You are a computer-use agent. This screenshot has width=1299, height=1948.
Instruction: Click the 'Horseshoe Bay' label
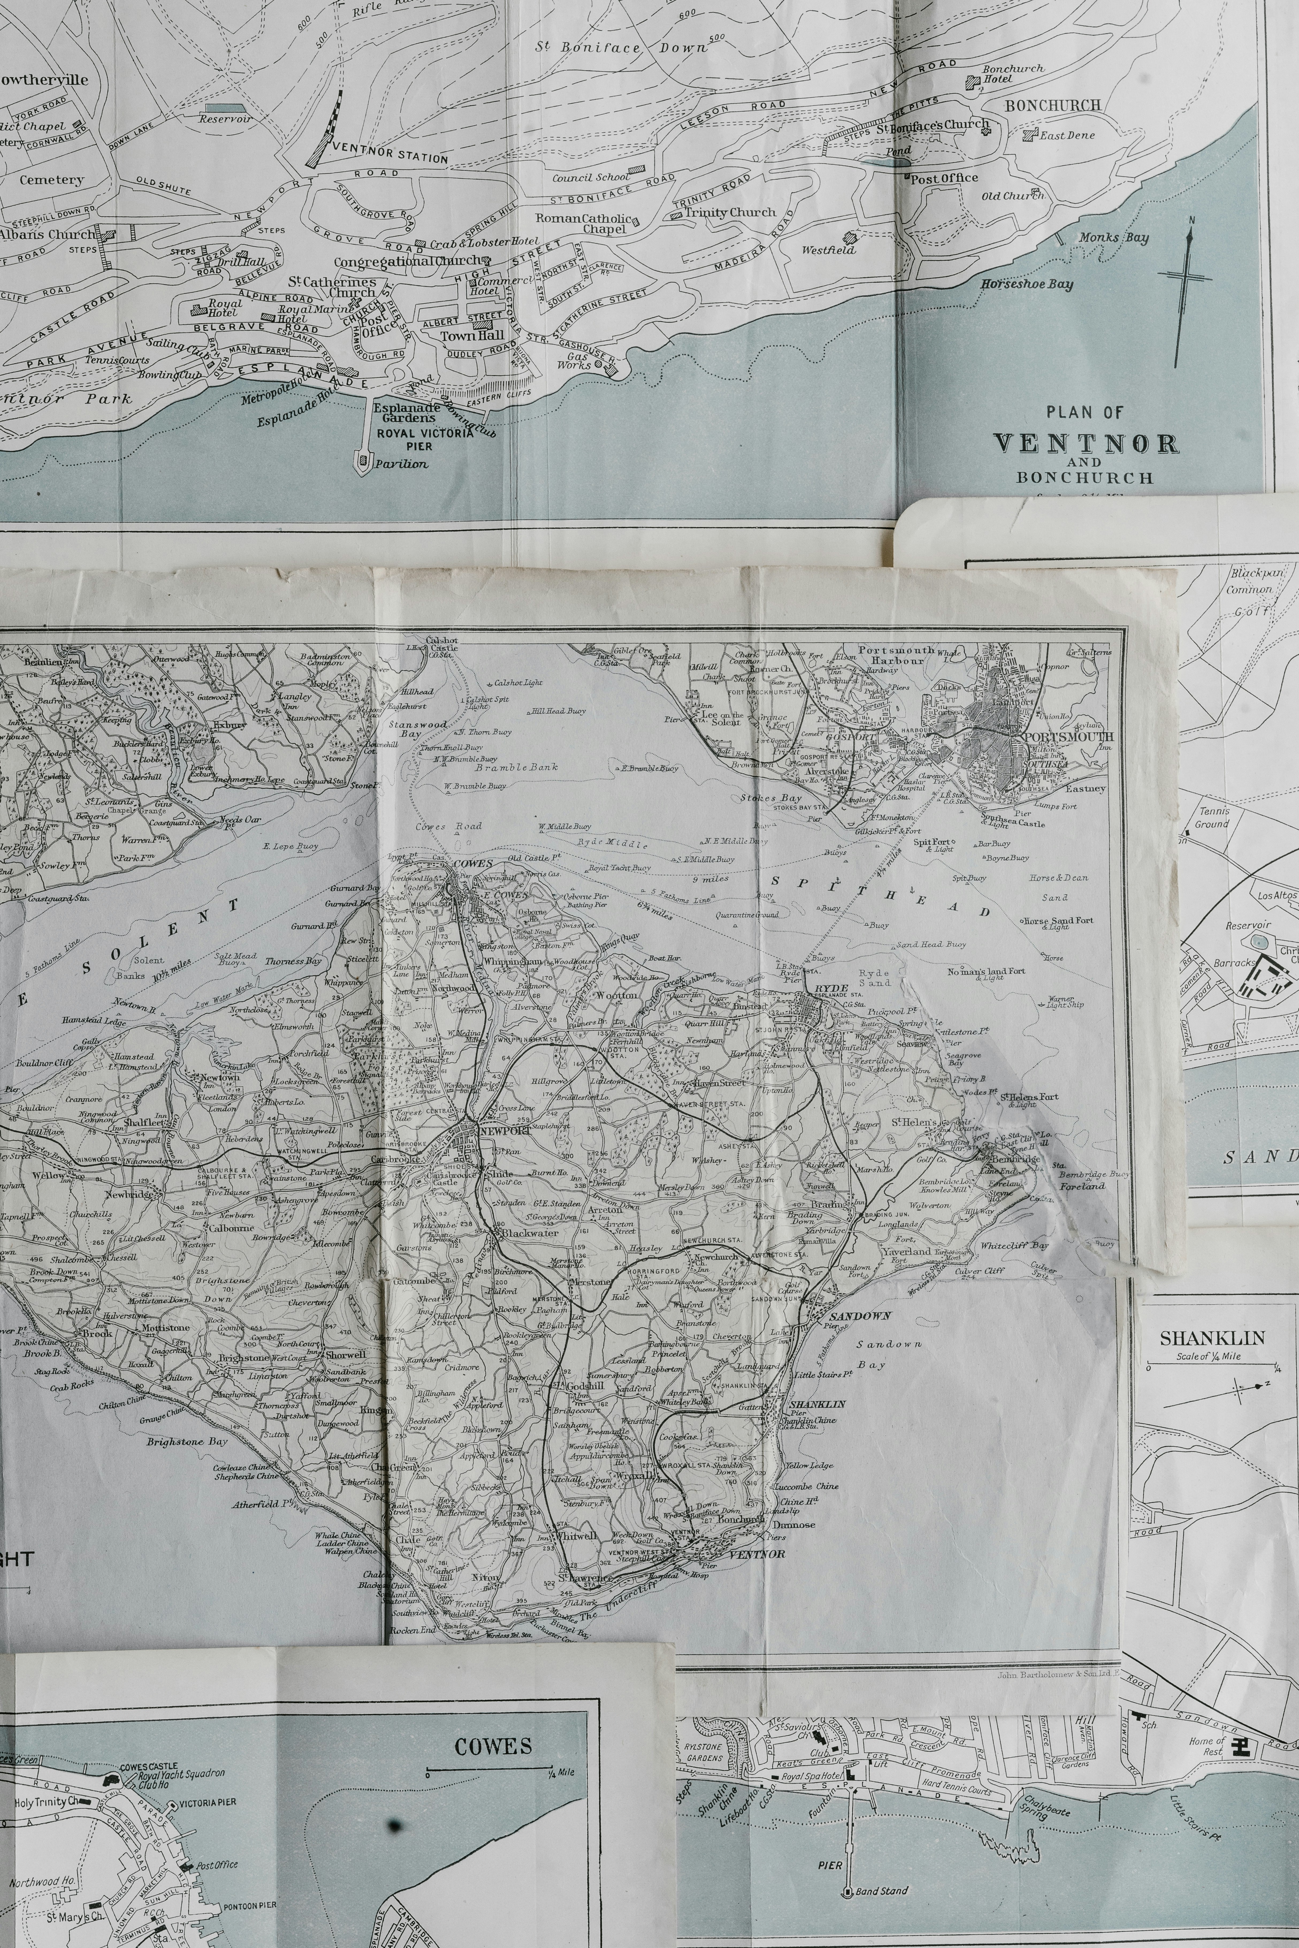pos(1027,284)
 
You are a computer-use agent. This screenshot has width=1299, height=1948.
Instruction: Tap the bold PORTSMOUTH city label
pos(1069,737)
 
